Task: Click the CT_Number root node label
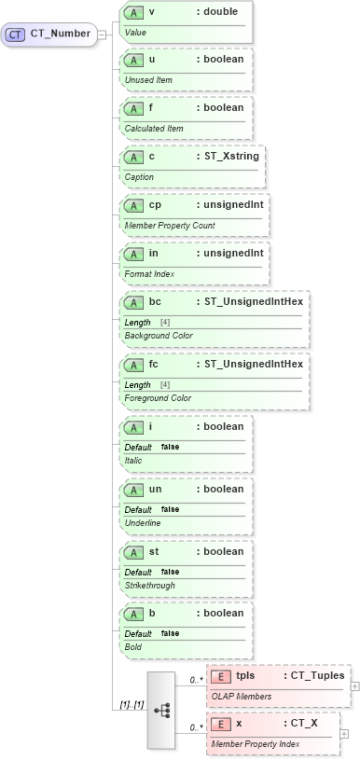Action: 60,35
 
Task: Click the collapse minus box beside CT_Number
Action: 102,35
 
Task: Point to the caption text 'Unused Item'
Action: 148,80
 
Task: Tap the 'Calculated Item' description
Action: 154,128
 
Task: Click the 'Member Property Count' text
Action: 170,226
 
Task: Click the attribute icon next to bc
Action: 133,301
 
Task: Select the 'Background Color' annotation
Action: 159,336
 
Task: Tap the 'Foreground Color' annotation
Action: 159,398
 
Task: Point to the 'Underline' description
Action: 143,523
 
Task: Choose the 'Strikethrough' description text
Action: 149,586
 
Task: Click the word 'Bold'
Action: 133,646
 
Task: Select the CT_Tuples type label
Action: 317,675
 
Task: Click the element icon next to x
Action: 221,724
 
